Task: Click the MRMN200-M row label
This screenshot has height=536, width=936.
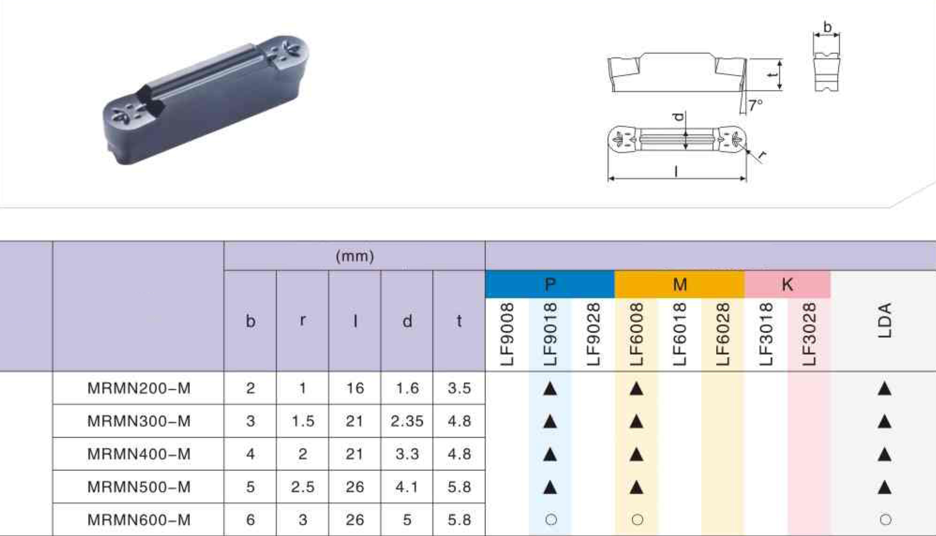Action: tap(139, 388)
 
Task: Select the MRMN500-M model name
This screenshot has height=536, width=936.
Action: tap(139, 487)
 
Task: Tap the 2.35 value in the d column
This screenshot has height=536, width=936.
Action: tap(407, 421)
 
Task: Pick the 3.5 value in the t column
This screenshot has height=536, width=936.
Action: tap(459, 388)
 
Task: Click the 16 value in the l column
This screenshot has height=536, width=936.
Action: tap(355, 388)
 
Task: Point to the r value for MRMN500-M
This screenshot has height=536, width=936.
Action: tap(302, 487)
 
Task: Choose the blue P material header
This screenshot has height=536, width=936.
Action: tap(550, 284)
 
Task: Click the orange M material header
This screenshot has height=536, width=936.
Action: tap(680, 284)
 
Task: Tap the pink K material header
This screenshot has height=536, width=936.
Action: tap(787, 284)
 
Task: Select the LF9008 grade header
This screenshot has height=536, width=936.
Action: tap(507, 334)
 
